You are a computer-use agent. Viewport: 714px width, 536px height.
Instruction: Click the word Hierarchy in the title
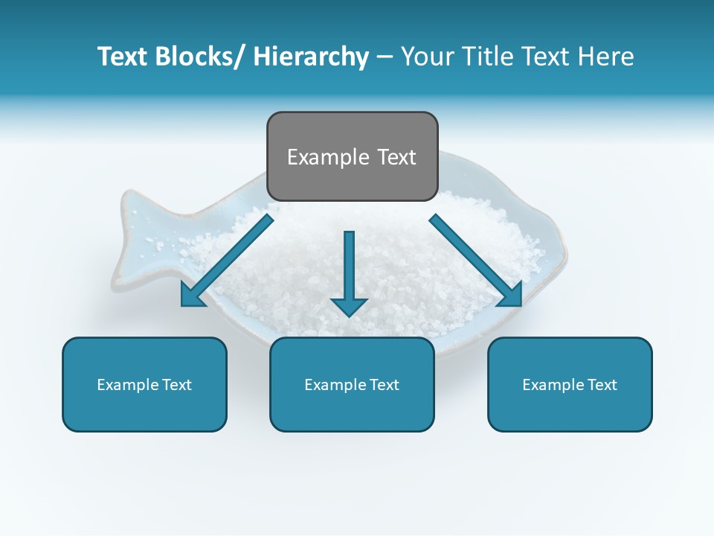(x=310, y=57)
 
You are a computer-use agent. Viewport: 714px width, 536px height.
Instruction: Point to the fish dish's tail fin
(x=134, y=238)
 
